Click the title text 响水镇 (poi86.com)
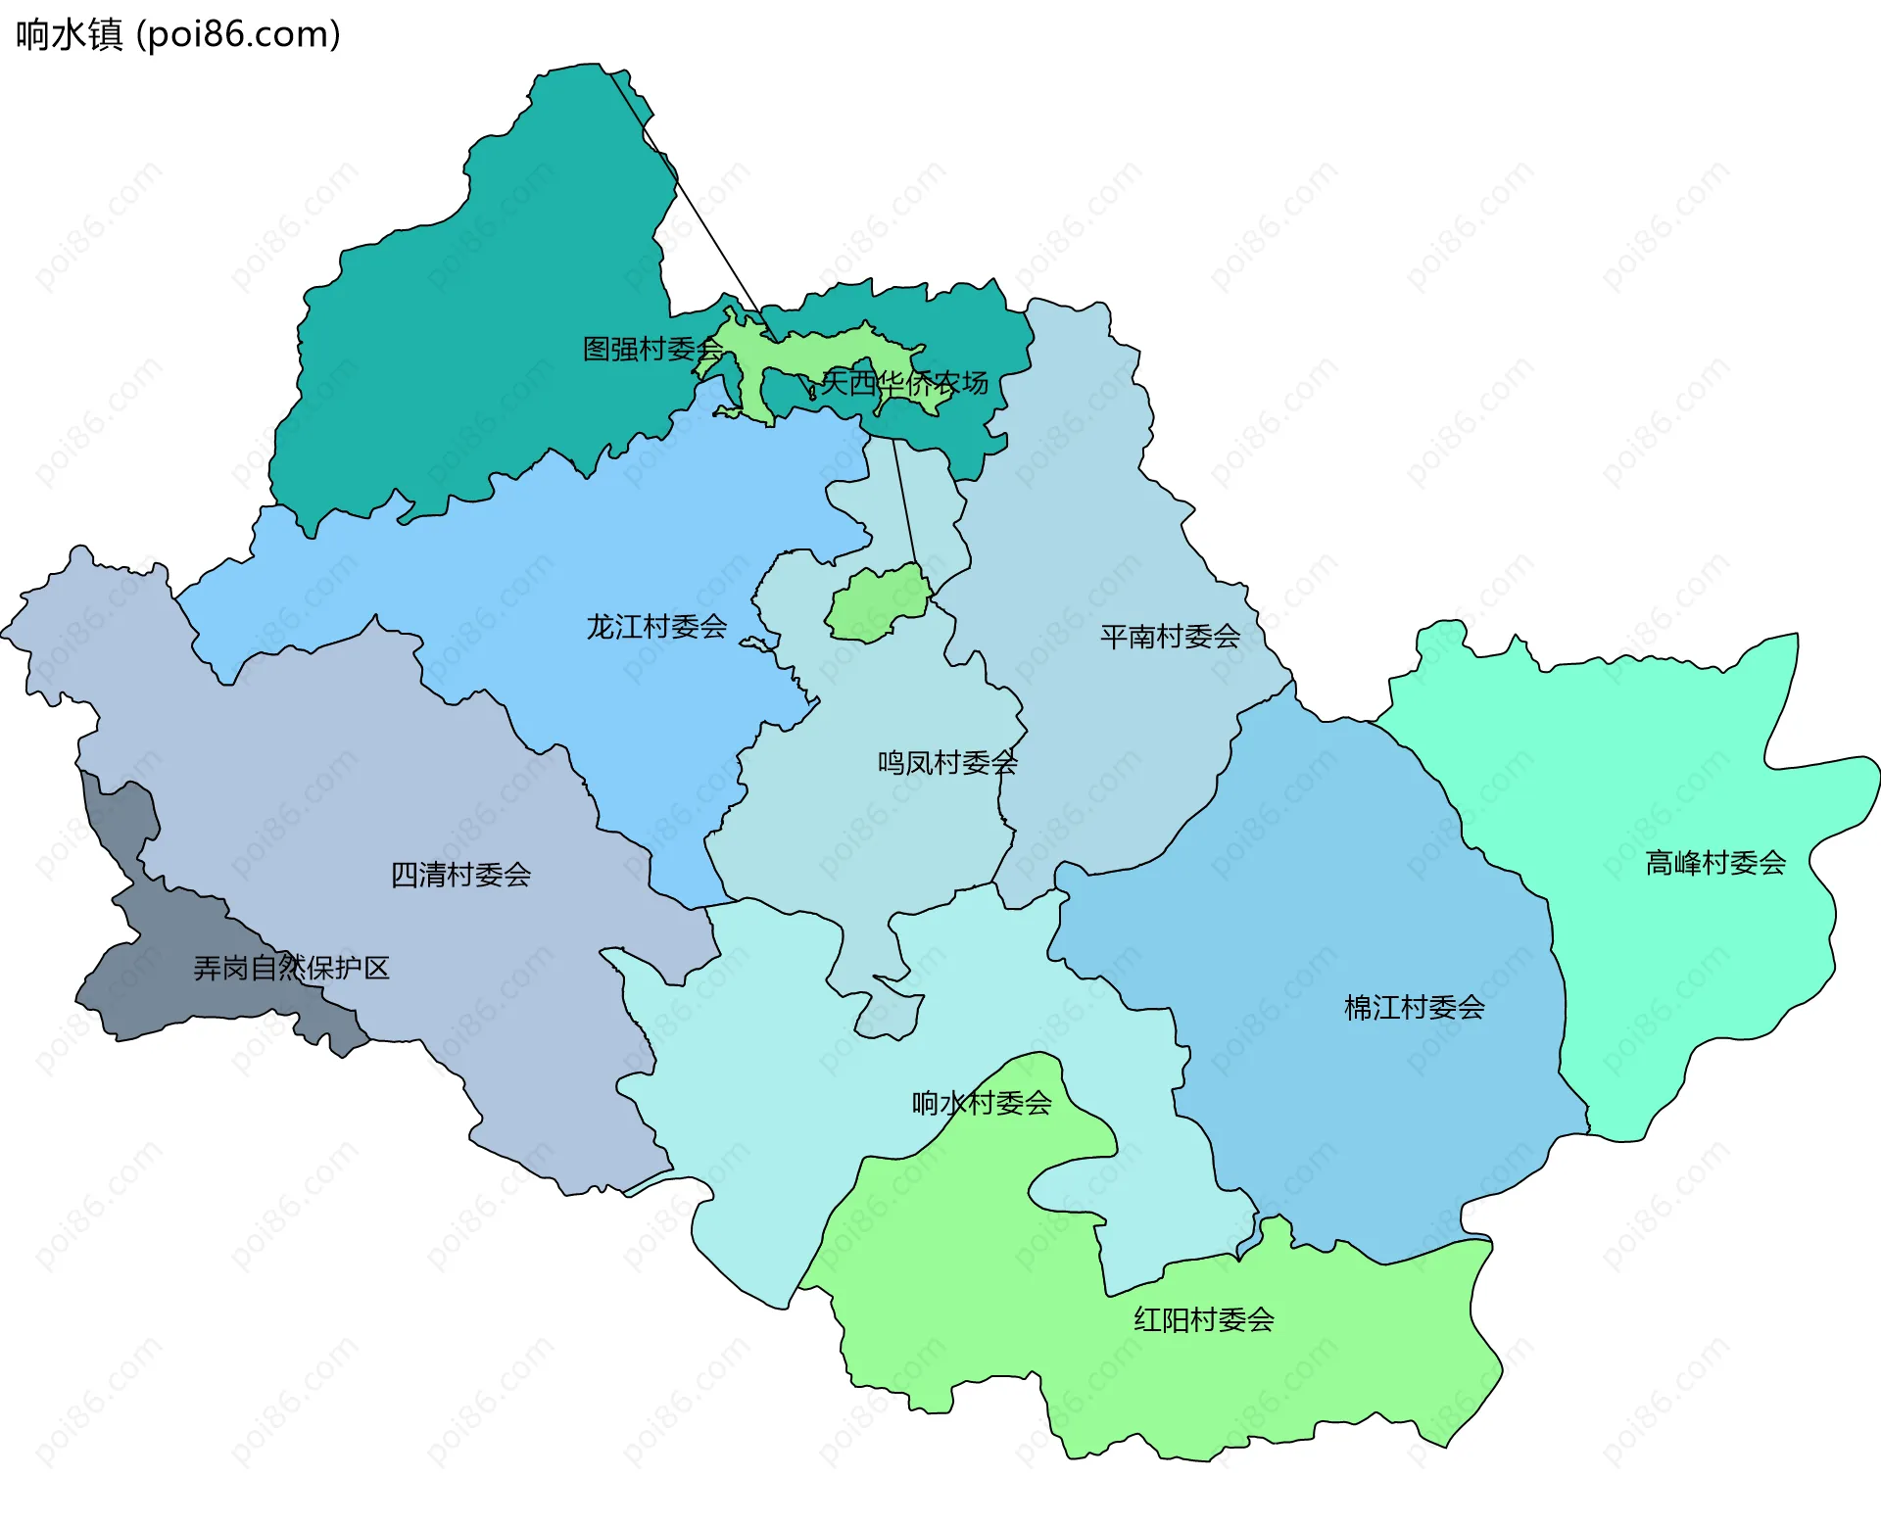178,34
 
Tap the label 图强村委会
652,349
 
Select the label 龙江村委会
656,627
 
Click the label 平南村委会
1170,637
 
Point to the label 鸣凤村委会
947,762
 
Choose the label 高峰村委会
1715,863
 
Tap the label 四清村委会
460,875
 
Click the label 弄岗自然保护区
291,968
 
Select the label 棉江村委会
1414,1008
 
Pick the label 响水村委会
982,1103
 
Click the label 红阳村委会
1204,1320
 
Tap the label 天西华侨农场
904,382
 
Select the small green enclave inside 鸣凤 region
877,605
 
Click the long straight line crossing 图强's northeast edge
686,196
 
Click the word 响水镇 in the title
69,34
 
